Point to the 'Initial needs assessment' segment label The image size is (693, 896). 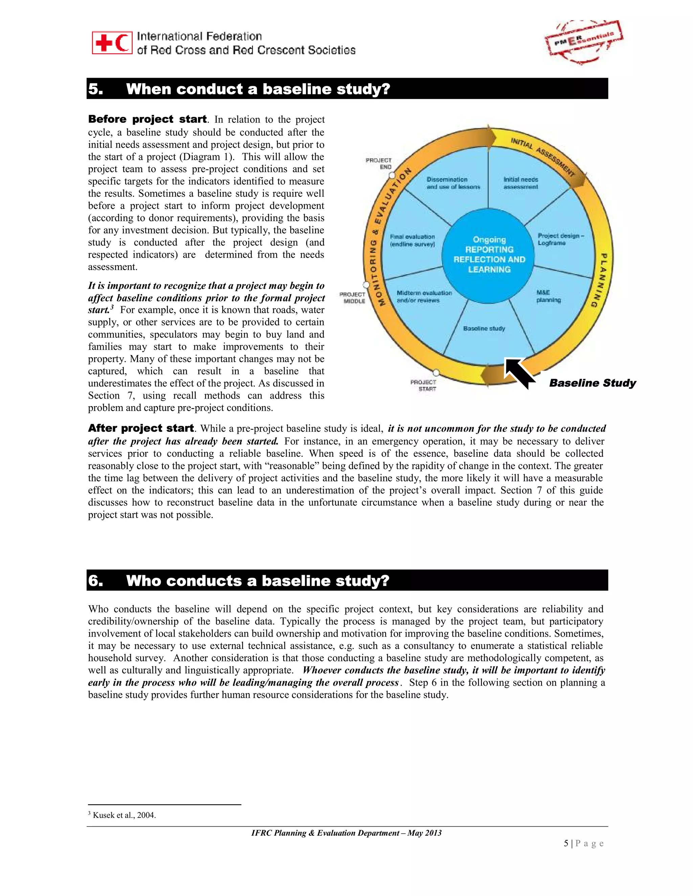click(x=520, y=183)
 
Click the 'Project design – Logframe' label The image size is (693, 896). click(x=560, y=239)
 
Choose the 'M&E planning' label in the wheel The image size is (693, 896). click(x=548, y=296)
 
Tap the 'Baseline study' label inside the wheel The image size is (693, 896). click(x=484, y=329)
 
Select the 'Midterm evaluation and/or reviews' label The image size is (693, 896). click(x=424, y=297)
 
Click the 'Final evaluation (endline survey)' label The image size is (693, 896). click(x=412, y=240)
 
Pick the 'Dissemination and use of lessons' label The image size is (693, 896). click(x=453, y=183)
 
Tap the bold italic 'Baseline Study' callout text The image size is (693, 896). click(x=592, y=383)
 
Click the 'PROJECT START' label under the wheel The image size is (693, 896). click(x=424, y=385)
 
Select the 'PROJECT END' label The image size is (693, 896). click(x=379, y=163)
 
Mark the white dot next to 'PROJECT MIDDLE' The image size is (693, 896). click(x=366, y=285)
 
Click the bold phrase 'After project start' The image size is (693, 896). click(x=141, y=428)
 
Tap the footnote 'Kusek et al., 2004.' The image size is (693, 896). click(x=124, y=815)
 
